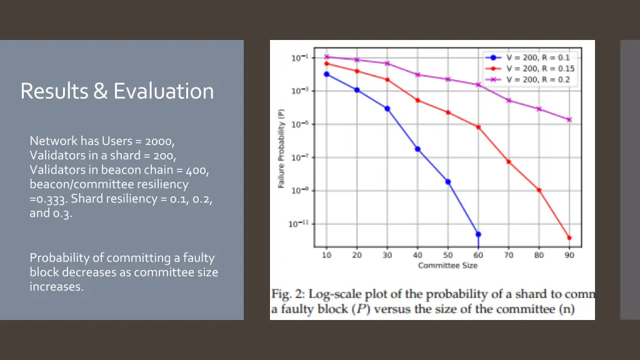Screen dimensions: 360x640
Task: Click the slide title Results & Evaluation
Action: coord(117,91)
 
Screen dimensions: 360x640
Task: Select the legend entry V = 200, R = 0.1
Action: coord(537,57)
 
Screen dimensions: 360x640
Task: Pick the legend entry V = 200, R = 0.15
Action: coord(540,69)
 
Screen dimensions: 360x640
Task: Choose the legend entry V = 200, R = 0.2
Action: coord(537,79)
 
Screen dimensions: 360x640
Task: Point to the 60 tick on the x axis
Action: coord(478,255)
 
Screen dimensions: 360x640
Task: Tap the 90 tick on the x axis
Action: coord(569,255)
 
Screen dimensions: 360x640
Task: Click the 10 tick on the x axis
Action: coord(326,255)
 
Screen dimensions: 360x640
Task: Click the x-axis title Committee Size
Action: coord(447,266)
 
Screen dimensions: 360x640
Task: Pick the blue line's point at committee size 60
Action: coord(478,234)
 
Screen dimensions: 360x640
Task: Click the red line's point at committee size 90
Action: coord(569,237)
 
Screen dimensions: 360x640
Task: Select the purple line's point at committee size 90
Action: coord(569,119)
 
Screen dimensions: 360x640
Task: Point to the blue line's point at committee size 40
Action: coord(417,149)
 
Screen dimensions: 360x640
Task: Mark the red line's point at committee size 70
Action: coord(508,161)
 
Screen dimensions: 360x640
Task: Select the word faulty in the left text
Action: coord(199,258)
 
